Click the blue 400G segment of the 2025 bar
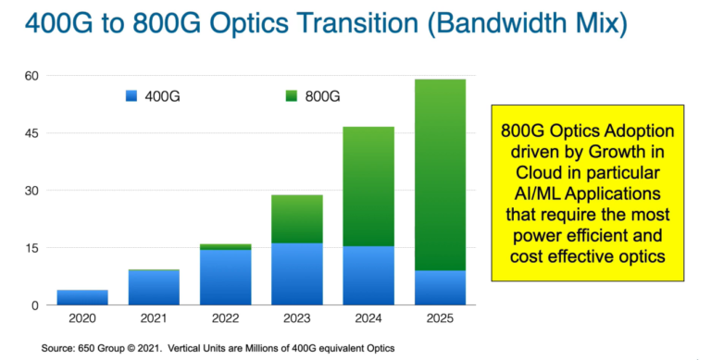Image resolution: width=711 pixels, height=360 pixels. click(x=440, y=287)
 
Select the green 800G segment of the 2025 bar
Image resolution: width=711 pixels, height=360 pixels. click(x=440, y=175)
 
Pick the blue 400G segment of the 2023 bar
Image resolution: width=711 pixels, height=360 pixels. click(x=297, y=274)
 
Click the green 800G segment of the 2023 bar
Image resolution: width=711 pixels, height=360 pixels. click(x=297, y=219)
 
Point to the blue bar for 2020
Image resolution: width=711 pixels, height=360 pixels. click(x=82, y=297)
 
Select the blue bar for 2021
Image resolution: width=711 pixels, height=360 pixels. click(x=154, y=287)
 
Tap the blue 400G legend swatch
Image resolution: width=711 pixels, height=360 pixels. click(x=131, y=96)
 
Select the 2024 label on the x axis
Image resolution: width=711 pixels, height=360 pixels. click(x=368, y=319)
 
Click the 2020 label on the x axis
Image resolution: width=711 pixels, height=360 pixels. click(x=82, y=319)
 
